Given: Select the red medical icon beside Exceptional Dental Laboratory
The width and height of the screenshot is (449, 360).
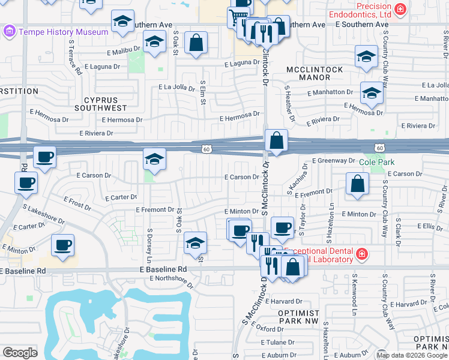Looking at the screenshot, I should [x=362, y=255].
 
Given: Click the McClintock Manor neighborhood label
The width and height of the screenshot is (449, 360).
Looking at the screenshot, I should [x=315, y=74].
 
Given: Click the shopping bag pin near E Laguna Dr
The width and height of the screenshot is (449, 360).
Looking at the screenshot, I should [x=196, y=43].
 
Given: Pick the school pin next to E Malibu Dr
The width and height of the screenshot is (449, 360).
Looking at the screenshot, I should [x=154, y=43].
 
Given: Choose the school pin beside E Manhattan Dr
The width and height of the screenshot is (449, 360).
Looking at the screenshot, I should [x=372, y=94].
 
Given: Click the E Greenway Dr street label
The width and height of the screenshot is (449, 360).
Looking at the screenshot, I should [x=333, y=161].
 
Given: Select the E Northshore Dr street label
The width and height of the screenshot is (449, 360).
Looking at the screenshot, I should [x=172, y=280].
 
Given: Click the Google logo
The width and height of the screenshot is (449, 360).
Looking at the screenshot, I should [x=20, y=353].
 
